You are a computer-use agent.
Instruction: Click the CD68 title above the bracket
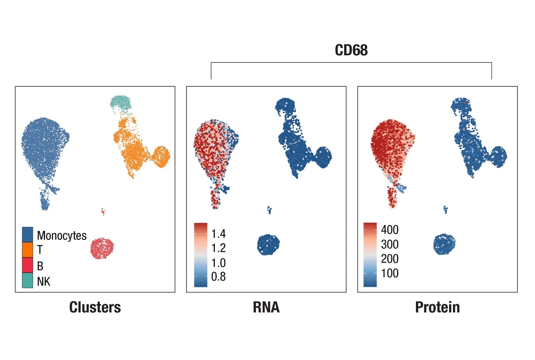[351, 51]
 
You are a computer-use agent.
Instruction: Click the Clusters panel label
[95, 307]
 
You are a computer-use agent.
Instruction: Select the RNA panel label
[266, 307]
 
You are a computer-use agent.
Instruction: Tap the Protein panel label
[437, 307]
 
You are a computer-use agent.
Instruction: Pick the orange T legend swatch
[28, 250]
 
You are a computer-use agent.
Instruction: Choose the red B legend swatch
[28, 266]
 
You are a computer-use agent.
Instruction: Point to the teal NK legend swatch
[28, 281]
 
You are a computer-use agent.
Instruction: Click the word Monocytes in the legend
[62, 235]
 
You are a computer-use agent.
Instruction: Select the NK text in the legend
[44, 281]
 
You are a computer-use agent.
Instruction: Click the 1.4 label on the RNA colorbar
[219, 233]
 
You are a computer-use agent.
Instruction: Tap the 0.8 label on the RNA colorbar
[219, 277]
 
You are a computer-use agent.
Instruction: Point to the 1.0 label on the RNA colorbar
[219, 262]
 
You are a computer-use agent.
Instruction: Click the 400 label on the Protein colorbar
[390, 230]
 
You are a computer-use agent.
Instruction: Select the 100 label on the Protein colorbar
[390, 273]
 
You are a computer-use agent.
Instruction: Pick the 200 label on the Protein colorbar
[390, 259]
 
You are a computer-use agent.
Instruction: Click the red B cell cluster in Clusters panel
[102, 248]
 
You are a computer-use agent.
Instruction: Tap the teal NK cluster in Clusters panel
[121, 102]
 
